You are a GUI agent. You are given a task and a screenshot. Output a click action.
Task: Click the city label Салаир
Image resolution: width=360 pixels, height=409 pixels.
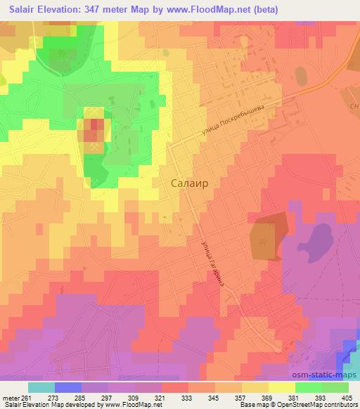tap(189, 183)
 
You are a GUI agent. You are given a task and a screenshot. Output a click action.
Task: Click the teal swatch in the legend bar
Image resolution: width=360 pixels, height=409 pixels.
tap(41, 387)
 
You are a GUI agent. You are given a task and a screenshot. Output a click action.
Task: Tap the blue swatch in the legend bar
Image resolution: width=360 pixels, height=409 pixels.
tap(68, 387)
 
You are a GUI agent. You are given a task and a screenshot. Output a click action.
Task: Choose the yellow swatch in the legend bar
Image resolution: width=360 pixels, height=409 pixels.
tap(282, 387)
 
